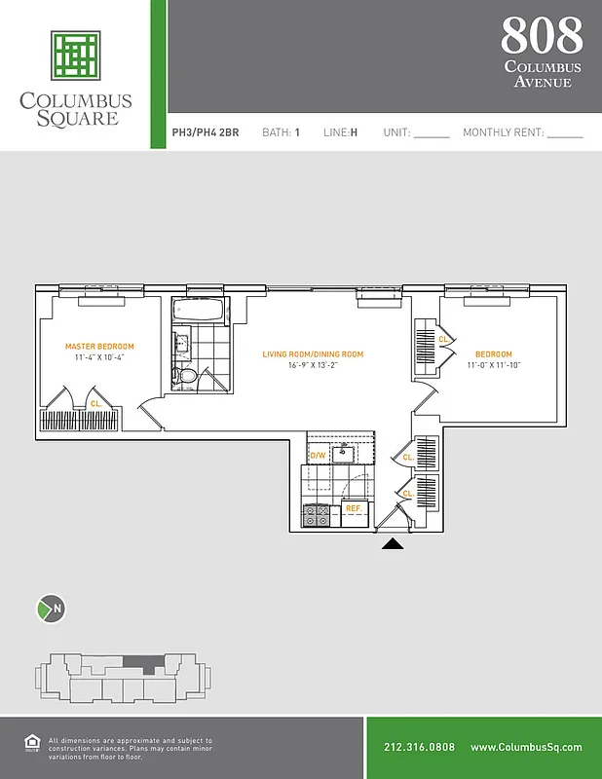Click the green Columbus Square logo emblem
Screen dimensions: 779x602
click(x=76, y=55)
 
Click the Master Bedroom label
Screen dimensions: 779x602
click(x=99, y=347)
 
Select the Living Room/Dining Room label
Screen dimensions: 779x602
click(x=313, y=354)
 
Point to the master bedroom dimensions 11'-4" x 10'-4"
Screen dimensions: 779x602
click(x=99, y=358)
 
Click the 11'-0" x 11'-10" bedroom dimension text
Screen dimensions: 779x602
click(x=495, y=366)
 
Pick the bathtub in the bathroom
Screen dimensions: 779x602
click(x=199, y=313)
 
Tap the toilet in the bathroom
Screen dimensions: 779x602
click(x=186, y=375)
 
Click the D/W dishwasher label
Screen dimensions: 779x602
click(x=318, y=455)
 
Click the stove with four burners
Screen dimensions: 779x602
click(x=318, y=515)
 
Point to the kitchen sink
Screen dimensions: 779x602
click(x=343, y=453)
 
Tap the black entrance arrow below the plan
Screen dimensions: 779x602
click(x=393, y=544)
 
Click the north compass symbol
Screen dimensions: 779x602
click(x=51, y=610)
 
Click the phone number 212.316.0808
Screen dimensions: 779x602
click(x=419, y=748)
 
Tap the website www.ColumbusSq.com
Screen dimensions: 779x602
click(x=526, y=748)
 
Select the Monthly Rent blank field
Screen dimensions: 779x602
click(x=565, y=133)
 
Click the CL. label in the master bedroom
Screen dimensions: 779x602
click(x=95, y=402)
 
